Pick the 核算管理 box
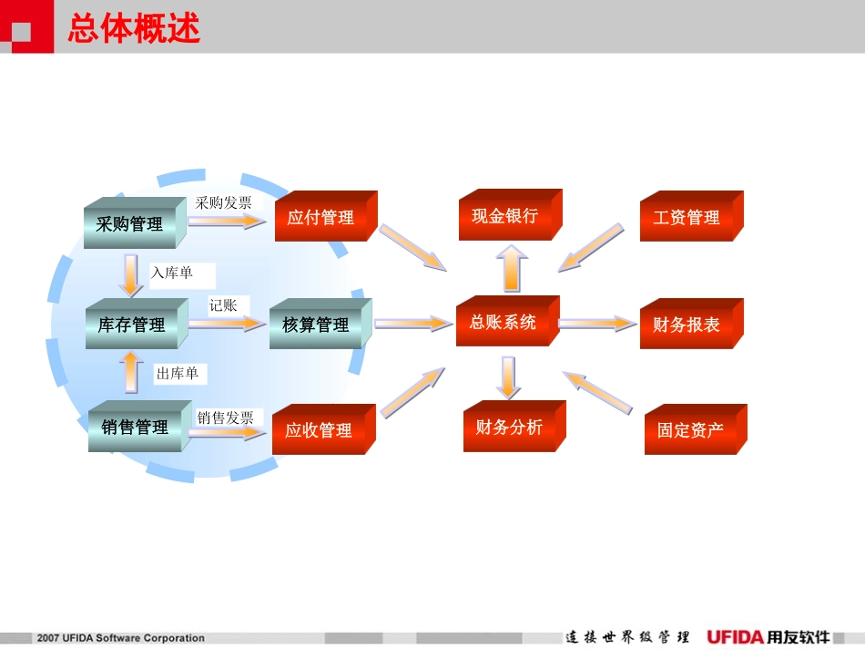316,325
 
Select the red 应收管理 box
319,430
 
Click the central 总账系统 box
503,323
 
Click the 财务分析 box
509,428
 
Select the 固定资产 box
691,430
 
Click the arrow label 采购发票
224,202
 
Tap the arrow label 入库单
173,273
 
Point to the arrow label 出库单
177,374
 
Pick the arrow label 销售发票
226,418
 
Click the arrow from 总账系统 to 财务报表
597,323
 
